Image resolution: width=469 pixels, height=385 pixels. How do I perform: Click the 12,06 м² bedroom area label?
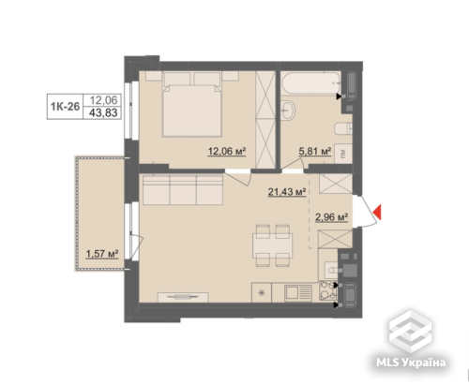(227, 152)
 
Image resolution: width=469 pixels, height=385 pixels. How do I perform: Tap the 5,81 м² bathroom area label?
(315, 152)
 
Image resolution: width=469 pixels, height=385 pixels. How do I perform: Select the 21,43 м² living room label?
(286, 192)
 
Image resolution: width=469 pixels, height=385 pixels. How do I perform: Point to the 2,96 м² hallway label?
(331, 217)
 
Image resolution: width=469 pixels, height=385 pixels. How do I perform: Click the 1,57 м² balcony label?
(102, 254)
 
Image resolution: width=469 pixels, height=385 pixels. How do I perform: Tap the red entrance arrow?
(377, 212)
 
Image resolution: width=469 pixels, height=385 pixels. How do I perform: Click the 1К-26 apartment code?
(65, 107)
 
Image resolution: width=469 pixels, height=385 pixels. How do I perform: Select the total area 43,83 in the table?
(103, 112)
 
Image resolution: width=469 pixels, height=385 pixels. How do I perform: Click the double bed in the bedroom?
(191, 105)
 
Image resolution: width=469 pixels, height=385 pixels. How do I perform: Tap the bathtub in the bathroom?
(310, 82)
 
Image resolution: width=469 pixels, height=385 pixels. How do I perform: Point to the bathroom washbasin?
(288, 110)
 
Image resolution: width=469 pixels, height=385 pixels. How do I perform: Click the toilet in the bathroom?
(343, 128)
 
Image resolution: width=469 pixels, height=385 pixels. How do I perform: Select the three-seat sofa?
(183, 190)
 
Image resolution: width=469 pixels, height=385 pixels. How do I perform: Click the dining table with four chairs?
(272, 245)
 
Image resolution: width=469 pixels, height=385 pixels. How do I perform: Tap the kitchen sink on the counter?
(297, 293)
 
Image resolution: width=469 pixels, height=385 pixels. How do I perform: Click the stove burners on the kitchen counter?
(327, 291)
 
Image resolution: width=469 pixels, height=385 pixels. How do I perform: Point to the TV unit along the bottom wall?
(183, 297)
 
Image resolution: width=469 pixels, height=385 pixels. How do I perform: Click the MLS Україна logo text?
(411, 363)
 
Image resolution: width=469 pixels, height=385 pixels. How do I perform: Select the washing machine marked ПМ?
(343, 154)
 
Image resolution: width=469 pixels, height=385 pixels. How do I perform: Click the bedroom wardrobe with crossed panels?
(265, 120)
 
